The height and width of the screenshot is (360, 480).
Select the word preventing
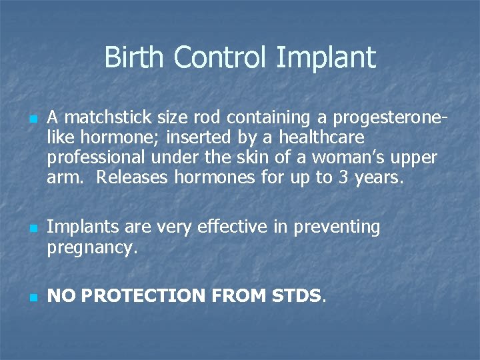coord(333,228)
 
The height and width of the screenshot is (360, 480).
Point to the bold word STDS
coord(296,296)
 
